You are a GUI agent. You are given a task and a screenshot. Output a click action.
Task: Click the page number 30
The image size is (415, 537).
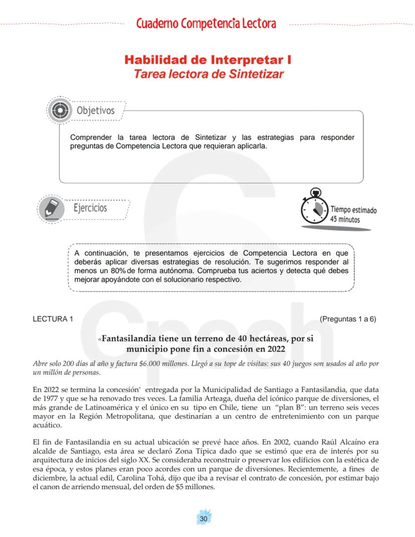[x=203, y=518]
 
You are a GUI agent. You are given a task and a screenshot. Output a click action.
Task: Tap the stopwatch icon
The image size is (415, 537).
[x=315, y=207]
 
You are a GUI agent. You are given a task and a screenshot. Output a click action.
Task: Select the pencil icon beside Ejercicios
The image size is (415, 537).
[x=52, y=208]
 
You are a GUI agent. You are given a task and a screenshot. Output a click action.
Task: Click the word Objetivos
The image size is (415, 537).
[x=95, y=110]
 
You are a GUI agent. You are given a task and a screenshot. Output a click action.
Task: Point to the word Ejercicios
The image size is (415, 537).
[x=90, y=208]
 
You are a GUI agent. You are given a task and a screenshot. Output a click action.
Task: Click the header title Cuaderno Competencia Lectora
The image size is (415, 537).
[x=206, y=24]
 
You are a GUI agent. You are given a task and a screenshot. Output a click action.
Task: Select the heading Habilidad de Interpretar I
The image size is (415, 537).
[x=208, y=60]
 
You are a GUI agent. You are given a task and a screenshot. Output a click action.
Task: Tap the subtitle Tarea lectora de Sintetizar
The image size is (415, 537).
[x=208, y=74]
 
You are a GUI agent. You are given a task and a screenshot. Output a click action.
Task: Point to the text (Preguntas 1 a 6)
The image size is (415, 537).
[x=348, y=319]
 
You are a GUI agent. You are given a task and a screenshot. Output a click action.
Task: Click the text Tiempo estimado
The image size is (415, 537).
[x=353, y=210]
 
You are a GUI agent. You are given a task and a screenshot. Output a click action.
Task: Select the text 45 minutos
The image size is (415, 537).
[x=345, y=220]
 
